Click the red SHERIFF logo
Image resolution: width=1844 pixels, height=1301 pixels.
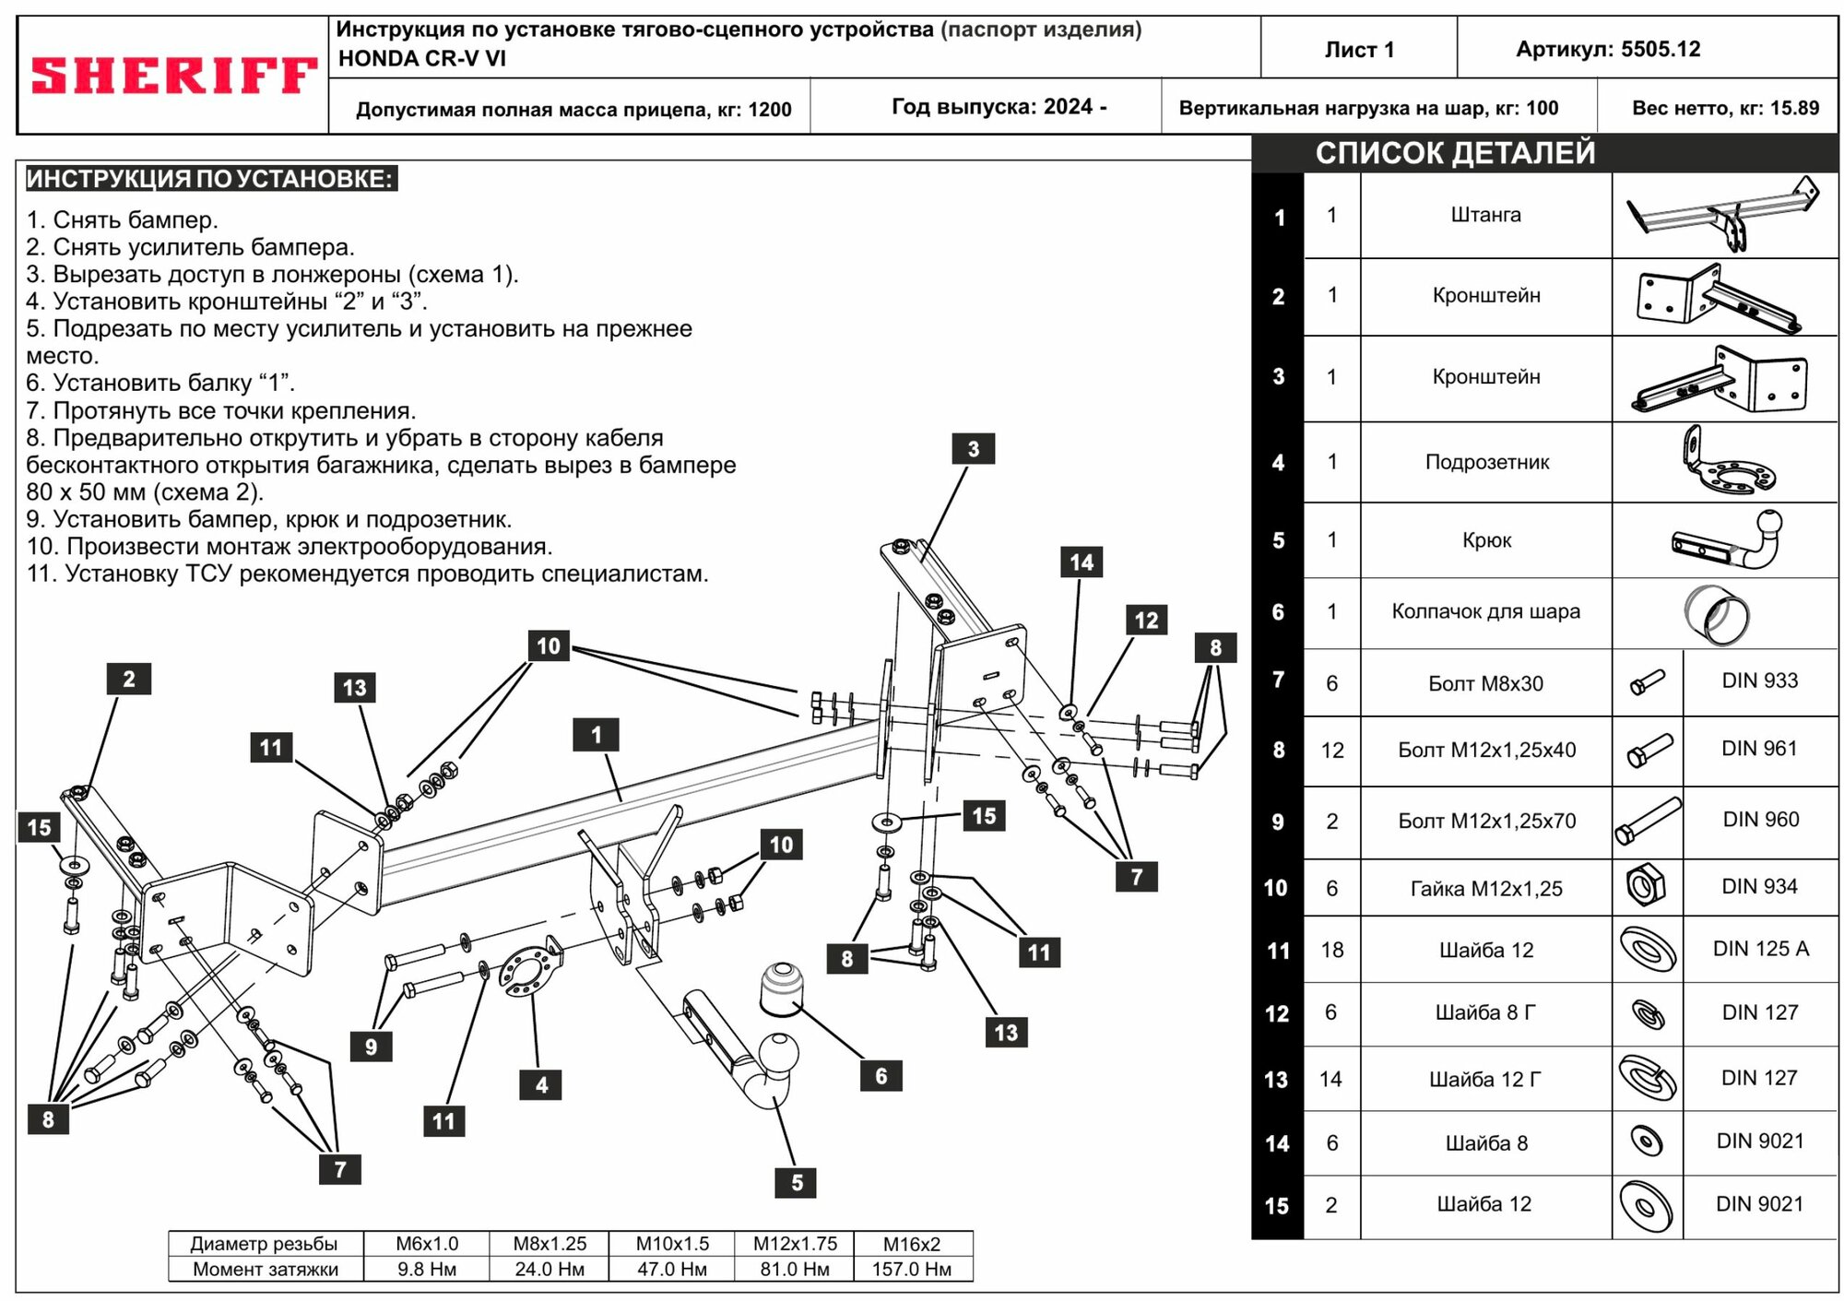[x=174, y=76]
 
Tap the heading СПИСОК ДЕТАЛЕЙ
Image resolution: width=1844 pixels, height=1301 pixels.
[x=1455, y=153]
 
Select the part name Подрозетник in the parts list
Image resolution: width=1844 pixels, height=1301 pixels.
[x=1486, y=463]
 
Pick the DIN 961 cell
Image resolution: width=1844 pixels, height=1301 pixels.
[x=1759, y=749]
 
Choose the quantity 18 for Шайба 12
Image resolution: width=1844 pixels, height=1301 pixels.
[x=1332, y=950]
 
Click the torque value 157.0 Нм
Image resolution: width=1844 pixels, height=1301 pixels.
[x=912, y=1269]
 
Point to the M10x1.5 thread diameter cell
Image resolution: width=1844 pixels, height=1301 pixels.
[x=672, y=1244]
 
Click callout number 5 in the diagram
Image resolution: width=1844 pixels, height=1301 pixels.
[x=797, y=1183]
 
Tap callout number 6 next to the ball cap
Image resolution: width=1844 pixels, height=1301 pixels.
[x=881, y=1076]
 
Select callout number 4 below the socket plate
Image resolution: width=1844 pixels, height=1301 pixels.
[x=541, y=1085]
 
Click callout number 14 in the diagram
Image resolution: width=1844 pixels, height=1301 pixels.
[x=1082, y=562]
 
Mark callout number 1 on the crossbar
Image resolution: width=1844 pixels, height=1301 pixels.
[x=596, y=735]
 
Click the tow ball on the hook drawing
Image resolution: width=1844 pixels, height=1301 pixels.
[x=779, y=1051]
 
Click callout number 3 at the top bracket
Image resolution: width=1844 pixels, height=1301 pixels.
[x=973, y=449]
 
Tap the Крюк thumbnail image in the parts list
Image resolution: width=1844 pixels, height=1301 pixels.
[x=1724, y=541]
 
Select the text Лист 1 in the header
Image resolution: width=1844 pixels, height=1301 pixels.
[x=1359, y=50]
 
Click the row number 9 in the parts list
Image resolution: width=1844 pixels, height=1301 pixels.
[x=1278, y=822]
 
